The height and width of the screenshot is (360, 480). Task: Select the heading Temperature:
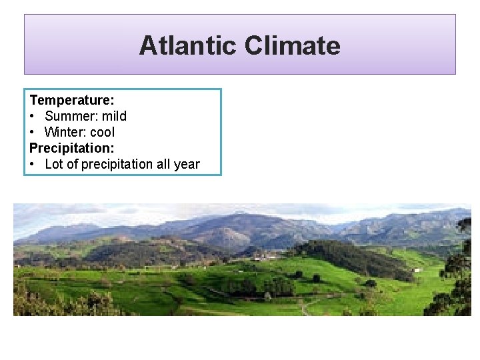pyautogui.click(x=72, y=100)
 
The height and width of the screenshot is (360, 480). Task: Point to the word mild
pyautogui.click(x=114, y=116)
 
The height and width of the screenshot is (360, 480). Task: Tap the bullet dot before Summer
pyautogui.click(x=33, y=116)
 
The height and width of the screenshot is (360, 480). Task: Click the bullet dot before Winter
pyautogui.click(x=33, y=132)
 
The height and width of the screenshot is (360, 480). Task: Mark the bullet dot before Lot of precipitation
pyautogui.click(x=33, y=164)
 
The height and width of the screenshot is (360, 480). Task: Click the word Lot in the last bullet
pyautogui.click(x=54, y=164)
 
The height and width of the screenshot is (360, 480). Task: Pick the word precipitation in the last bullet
pyautogui.click(x=110, y=164)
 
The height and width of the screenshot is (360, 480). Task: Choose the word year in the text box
pyautogui.click(x=186, y=164)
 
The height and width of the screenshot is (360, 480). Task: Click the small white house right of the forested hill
pyautogui.click(x=417, y=270)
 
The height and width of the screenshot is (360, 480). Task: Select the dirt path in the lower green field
pyautogui.click(x=303, y=307)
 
